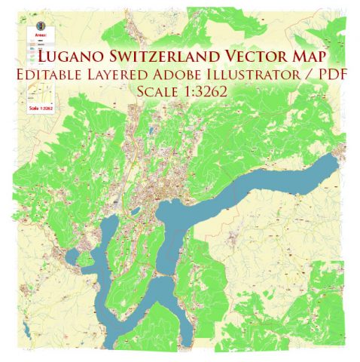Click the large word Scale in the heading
coord(156,91)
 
